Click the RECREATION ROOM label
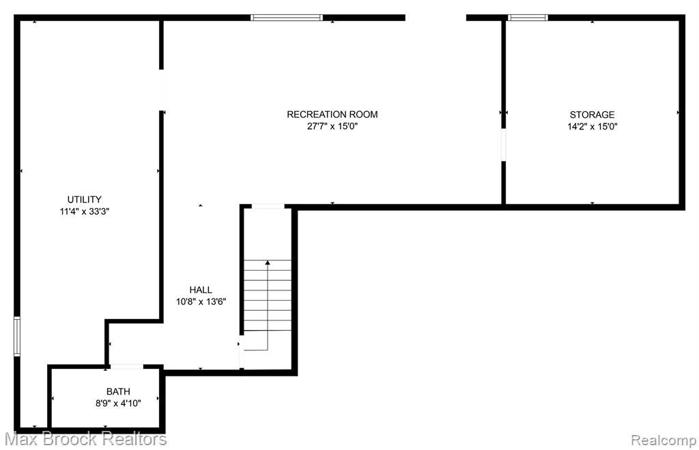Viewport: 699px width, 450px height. [332, 115]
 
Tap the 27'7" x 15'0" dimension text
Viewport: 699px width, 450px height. [332, 126]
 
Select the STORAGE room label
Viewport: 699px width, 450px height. [592, 115]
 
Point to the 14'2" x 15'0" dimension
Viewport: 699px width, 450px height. [592, 126]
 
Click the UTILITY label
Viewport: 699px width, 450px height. [84, 199]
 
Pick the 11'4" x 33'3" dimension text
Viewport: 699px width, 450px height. [84, 211]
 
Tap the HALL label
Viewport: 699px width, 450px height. [201, 290]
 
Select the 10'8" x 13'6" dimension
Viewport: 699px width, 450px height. [201, 302]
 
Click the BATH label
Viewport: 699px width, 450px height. [118, 391]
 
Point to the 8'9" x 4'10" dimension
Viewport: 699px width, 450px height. [118, 404]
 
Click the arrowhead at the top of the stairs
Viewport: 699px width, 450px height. [268, 262]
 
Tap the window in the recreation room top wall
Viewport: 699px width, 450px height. [286, 18]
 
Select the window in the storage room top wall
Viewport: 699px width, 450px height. [528, 18]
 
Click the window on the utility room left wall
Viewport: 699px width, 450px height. [17, 336]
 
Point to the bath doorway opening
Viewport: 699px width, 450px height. [126, 367]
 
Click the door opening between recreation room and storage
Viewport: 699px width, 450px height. [504, 145]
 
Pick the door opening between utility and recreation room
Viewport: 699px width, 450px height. [161, 90]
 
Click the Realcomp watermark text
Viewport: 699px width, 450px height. [664, 440]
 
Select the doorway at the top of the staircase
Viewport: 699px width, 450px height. [268, 207]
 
